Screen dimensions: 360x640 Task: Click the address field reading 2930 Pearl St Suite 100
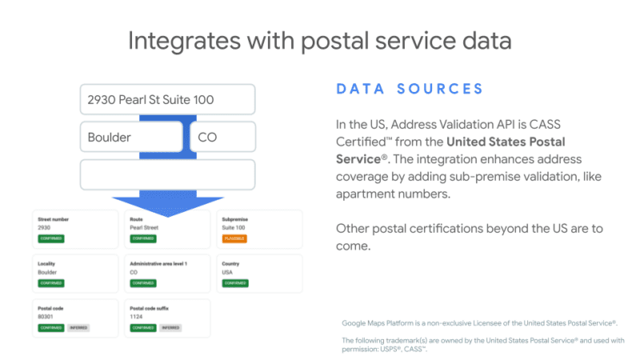(x=167, y=101)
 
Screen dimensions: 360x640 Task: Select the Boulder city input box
(x=131, y=137)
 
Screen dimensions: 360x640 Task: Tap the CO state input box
(x=222, y=137)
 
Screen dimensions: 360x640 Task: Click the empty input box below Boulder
(x=167, y=174)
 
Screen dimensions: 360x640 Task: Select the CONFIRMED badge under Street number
(x=51, y=238)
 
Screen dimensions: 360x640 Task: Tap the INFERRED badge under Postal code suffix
(x=170, y=327)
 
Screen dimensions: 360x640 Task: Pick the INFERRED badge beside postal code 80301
(x=78, y=327)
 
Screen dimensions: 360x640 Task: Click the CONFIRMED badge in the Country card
(x=234, y=283)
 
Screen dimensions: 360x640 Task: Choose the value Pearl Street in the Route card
(x=144, y=227)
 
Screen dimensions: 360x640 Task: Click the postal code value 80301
(x=46, y=317)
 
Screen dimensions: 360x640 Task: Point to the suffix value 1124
(x=136, y=317)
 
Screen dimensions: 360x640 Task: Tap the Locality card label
(x=46, y=262)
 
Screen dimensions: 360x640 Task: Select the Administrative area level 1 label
(x=158, y=262)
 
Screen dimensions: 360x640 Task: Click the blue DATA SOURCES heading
(x=409, y=89)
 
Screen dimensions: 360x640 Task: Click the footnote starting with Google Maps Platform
(x=478, y=322)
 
